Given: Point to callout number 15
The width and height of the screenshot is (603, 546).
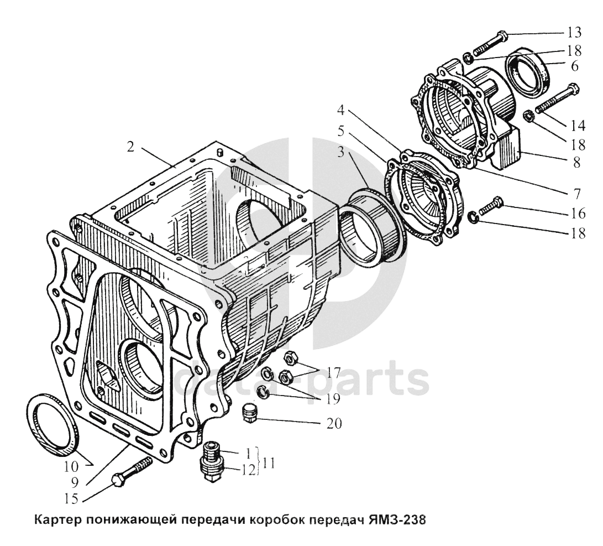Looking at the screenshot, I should tap(70, 499).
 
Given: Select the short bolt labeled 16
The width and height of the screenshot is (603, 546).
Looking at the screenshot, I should tap(490, 206).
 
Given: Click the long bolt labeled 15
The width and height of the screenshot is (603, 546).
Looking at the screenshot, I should tap(132, 471).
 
